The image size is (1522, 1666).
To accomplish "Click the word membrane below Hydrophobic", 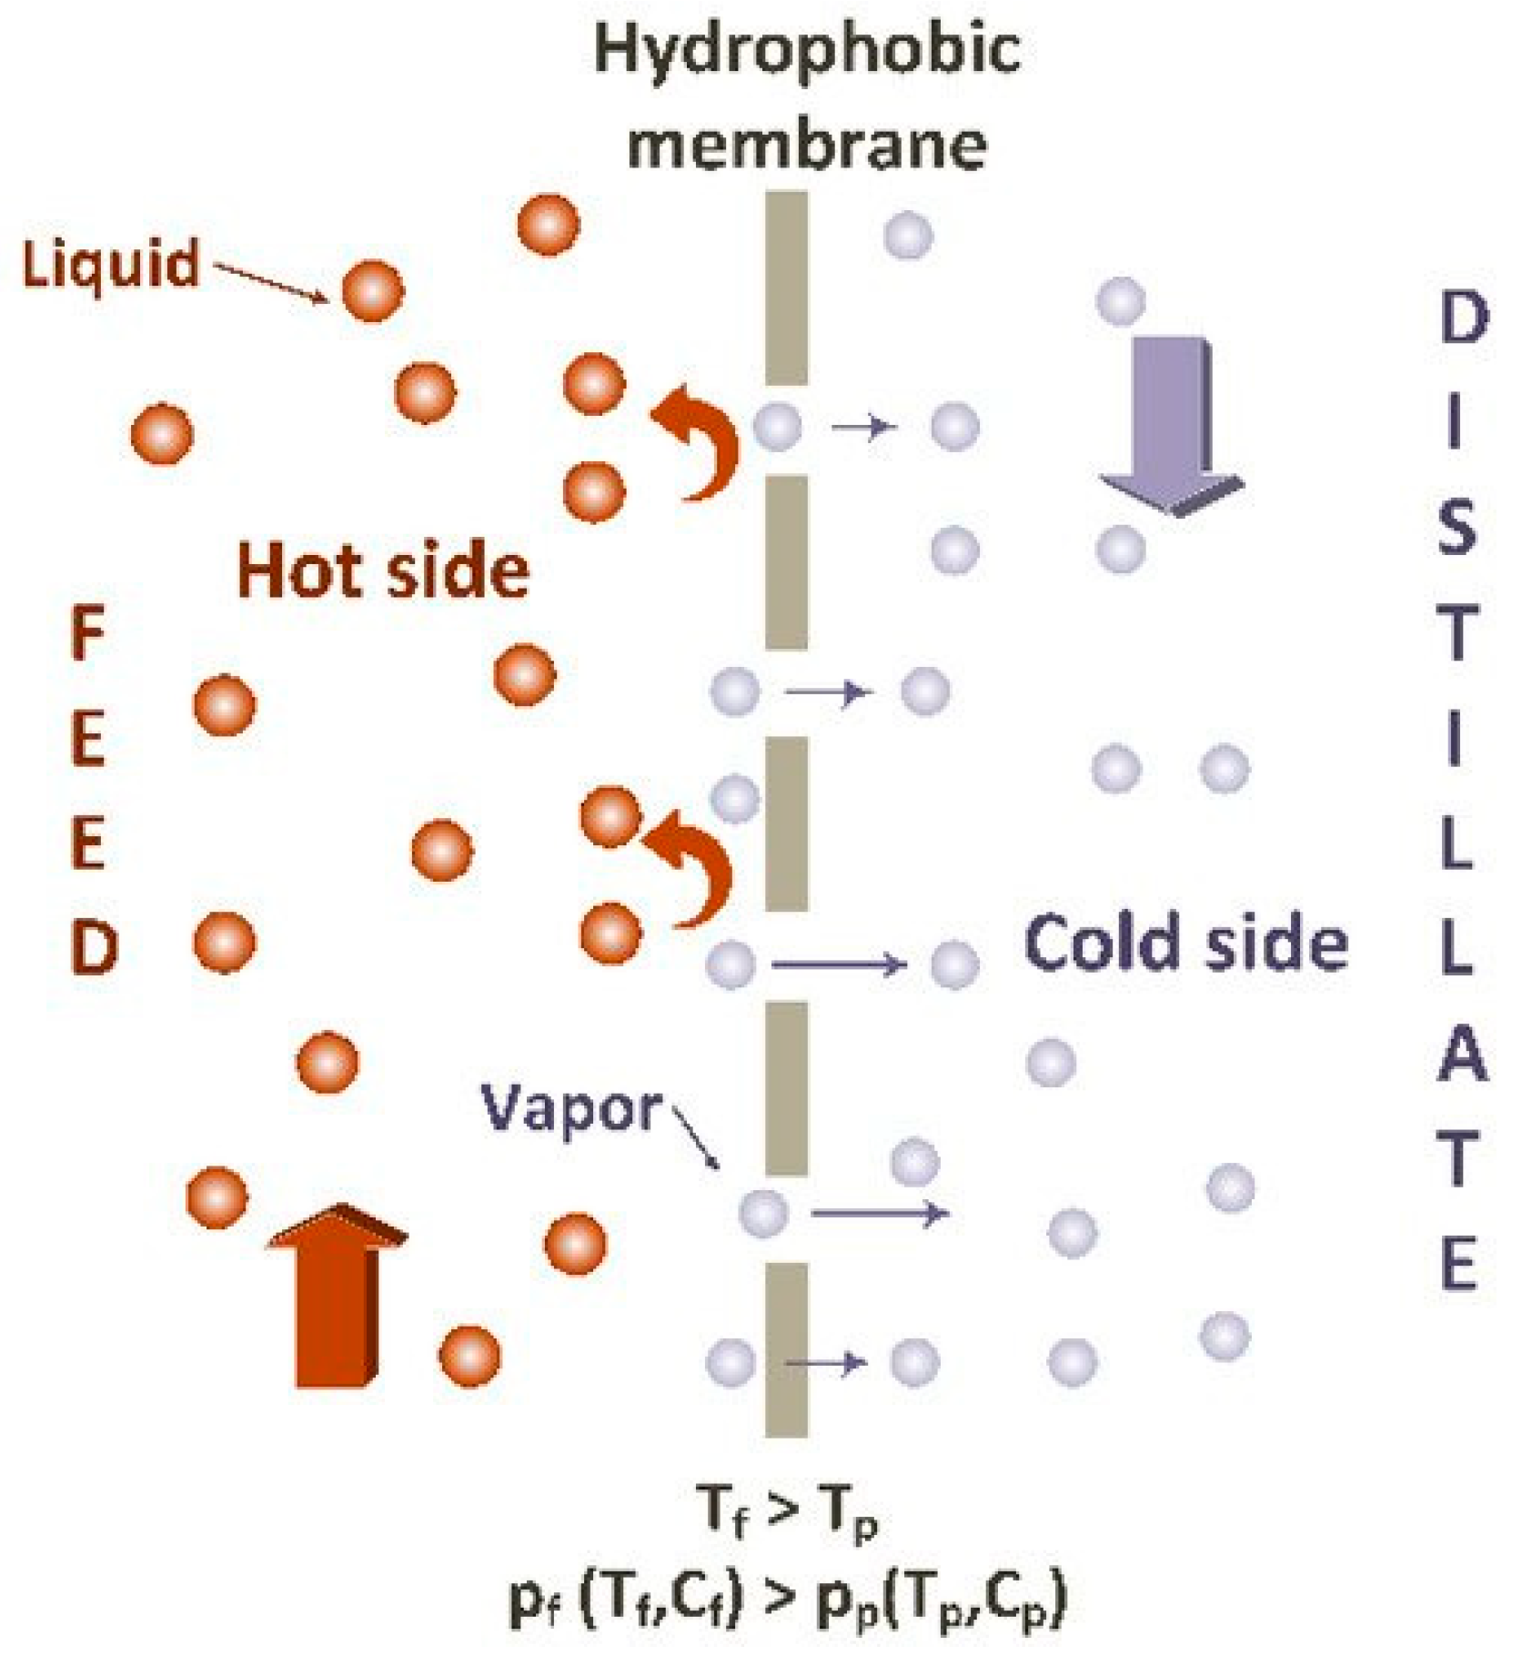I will [x=807, y=144].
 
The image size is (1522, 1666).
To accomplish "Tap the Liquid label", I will [x=110, y=265].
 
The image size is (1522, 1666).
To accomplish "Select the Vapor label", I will [x=571, y=1108].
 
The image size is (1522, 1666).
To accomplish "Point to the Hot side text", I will [x=383, y=570].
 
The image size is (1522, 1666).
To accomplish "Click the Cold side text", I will [x=1185, y=943].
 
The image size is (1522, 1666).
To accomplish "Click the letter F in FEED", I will [x=88, y=634].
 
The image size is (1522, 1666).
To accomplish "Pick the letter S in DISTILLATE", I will [x=1456, y=530].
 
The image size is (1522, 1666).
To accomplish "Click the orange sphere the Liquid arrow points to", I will [x=372, y=291].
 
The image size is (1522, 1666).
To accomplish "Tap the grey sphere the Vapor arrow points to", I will [x=762, y=1212].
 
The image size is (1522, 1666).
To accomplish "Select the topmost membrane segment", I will [x=786, y=288].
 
